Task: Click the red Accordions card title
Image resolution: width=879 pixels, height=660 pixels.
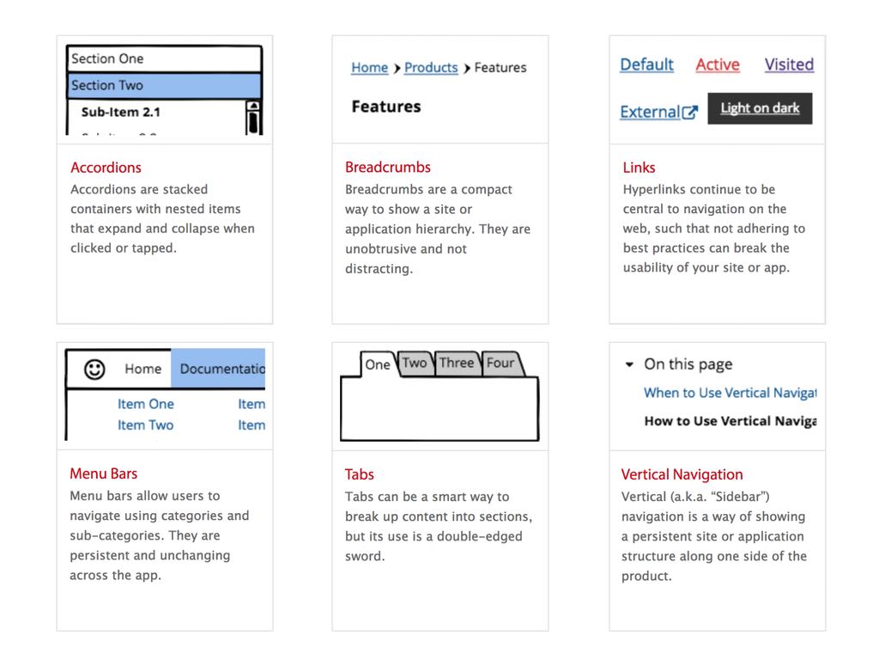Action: coord(106,168)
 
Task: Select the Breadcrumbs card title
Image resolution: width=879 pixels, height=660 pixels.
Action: coord(388,168)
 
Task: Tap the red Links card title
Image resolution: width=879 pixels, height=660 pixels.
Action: coord(639,168)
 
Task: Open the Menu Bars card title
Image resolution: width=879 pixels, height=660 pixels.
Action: coord(103,474)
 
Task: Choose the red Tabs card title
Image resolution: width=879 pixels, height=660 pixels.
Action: coord(360,474)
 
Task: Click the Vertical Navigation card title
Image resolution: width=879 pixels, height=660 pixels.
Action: coord(682,474)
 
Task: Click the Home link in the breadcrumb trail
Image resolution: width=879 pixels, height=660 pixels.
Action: coord(369,68)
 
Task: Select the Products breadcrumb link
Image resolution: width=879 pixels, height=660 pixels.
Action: coord(431,68)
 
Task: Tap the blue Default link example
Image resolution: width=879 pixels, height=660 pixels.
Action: coord(646,64)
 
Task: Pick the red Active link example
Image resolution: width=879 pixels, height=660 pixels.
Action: coord(718,64)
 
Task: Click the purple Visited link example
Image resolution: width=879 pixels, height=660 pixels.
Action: coord(789,64)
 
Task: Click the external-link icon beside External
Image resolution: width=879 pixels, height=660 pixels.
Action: coord(690,113)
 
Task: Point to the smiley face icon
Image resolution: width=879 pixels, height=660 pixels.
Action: coord(94,369)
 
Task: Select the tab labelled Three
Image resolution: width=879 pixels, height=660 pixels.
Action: coord(457,364)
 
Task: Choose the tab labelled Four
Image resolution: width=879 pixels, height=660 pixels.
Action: coord(500,364)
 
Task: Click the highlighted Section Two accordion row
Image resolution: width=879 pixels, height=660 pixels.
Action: coord(164,85)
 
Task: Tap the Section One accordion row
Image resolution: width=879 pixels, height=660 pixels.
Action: coord(164,58)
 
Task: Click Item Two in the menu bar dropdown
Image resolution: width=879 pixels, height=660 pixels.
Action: coord(145,425)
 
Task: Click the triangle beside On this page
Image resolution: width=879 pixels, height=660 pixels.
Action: coord(629,364)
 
